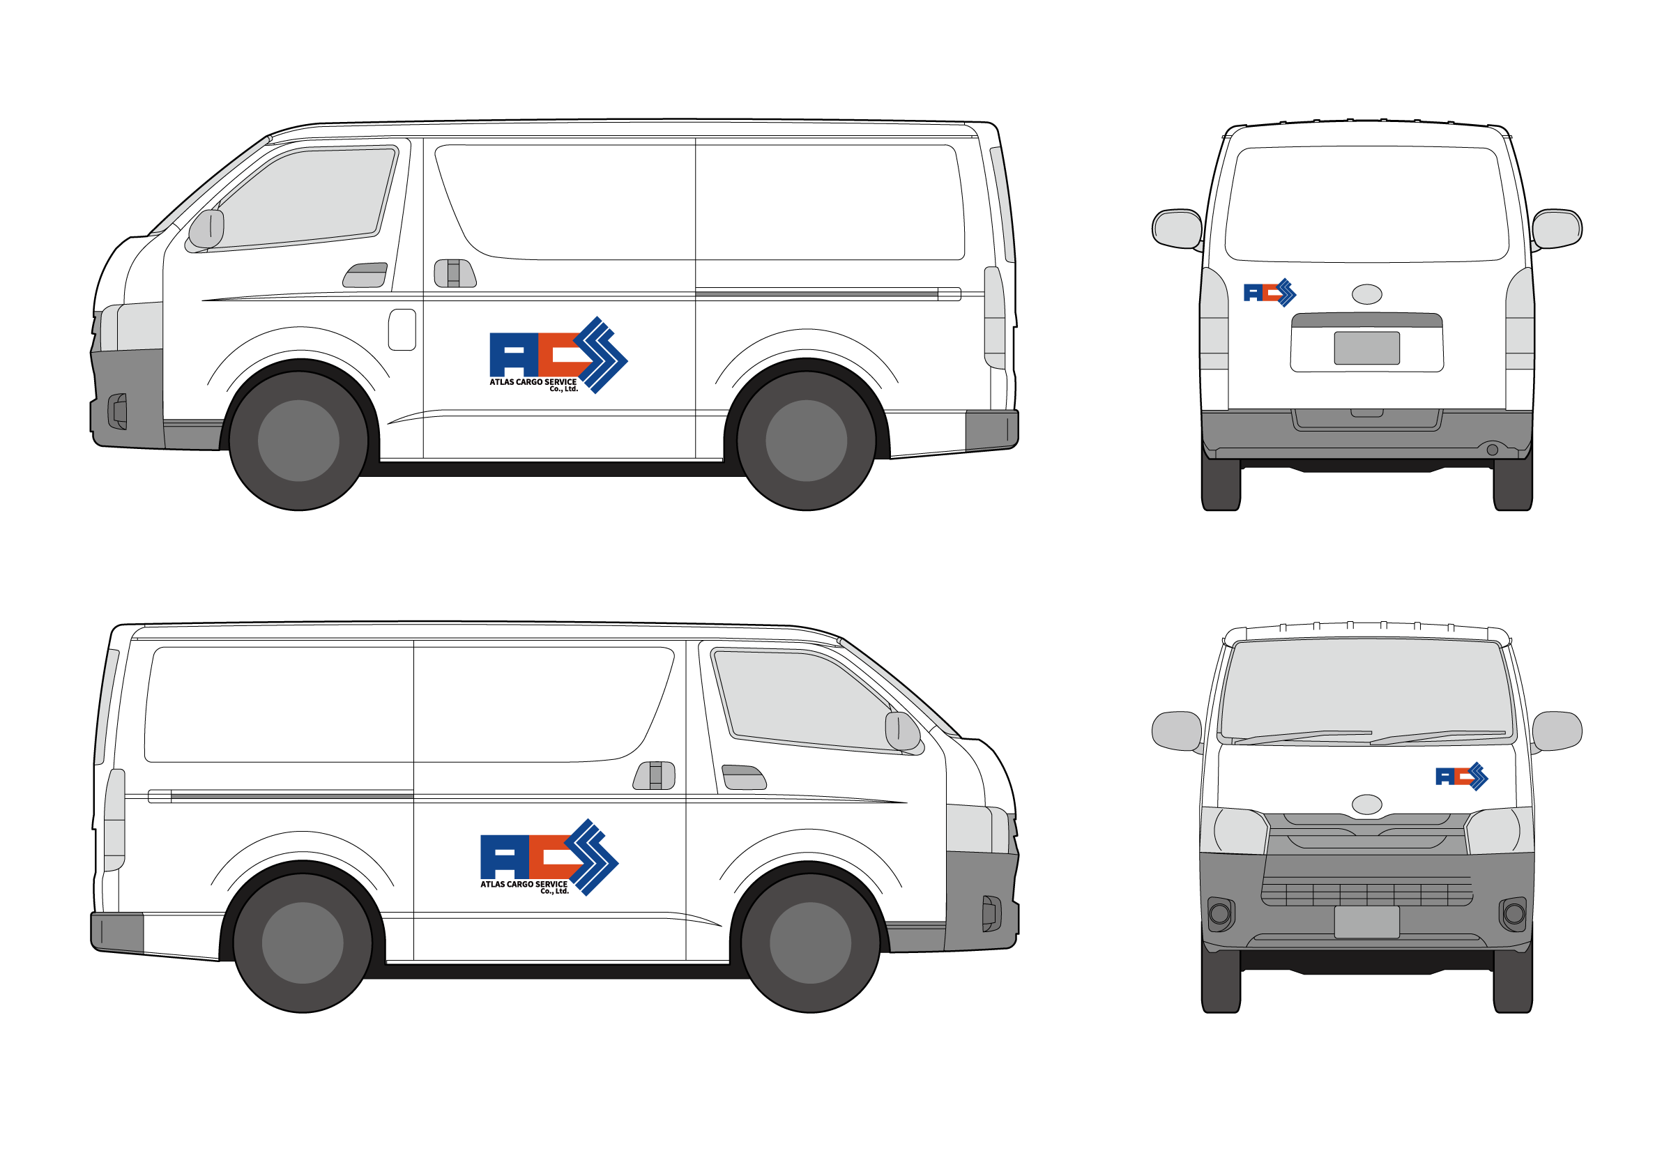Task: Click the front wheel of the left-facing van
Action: [298, 440]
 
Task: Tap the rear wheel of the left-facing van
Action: [807, 440]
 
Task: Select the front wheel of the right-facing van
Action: [810, 943]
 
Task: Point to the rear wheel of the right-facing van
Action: [303, 943]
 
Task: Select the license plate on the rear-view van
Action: [1366, 348]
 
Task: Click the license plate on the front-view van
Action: [1366, 922]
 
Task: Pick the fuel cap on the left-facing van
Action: [402, 329]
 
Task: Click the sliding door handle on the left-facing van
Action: [454, 273]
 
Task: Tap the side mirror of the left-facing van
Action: [206, 229]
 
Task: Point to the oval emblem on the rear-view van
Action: [1366, 294]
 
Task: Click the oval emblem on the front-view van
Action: [1366, 804]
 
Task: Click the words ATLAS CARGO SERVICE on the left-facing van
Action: [533, 381]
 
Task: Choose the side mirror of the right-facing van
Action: [902, 731]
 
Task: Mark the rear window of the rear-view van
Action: [1366, 204]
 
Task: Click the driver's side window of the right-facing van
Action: [804, 699]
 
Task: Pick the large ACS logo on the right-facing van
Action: [549, 856]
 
